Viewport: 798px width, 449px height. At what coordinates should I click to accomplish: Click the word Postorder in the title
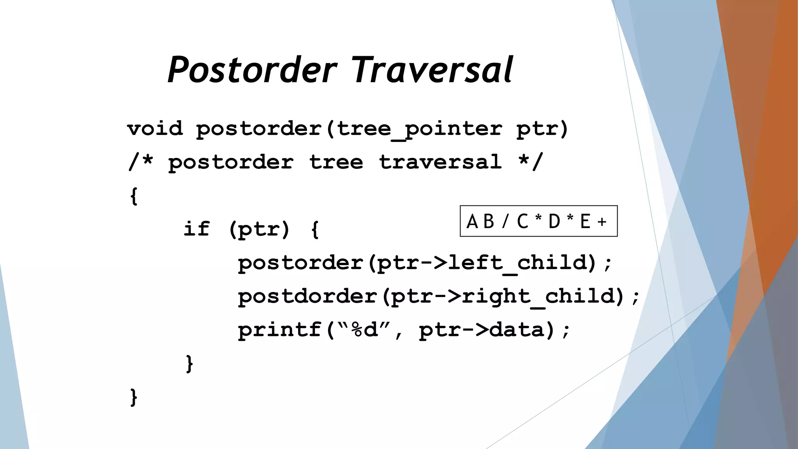click(252, 70)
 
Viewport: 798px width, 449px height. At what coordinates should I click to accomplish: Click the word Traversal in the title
click(433, 70)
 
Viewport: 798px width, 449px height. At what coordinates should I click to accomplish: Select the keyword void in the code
click(155, 129)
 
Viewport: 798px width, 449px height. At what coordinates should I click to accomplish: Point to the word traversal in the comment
click(440, 162)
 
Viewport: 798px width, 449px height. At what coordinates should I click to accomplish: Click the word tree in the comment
click(336, 162)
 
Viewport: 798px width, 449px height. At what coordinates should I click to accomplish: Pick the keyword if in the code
click(196, 229)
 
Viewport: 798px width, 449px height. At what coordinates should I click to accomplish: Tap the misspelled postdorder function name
click(308, 296)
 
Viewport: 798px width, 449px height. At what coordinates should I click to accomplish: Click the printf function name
click(280, 330)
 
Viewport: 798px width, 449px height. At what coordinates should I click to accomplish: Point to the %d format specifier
click(365, 330)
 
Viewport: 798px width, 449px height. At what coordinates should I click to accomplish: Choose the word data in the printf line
click(517, 330)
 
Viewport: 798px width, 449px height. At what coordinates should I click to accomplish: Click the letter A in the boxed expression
click(472, 221)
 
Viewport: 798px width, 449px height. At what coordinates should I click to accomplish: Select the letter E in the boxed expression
click(585, 221)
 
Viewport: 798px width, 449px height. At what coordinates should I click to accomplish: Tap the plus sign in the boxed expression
click(602, 222)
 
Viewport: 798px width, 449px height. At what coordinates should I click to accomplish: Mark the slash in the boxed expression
click(505, 221)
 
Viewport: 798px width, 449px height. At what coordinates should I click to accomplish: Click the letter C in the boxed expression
click(523, 221)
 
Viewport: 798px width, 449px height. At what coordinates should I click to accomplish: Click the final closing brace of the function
click(134, 397)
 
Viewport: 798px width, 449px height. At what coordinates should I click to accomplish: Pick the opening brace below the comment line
click(134, 196)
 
